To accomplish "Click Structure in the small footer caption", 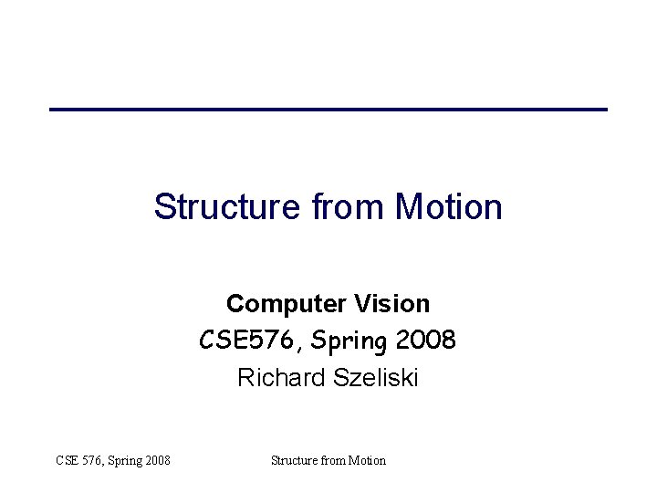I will tap(294, 460).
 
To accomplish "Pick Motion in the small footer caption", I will tap(367, 460).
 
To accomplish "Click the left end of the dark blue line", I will tap(52, 110).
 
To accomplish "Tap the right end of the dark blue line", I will tap(605, 110).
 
